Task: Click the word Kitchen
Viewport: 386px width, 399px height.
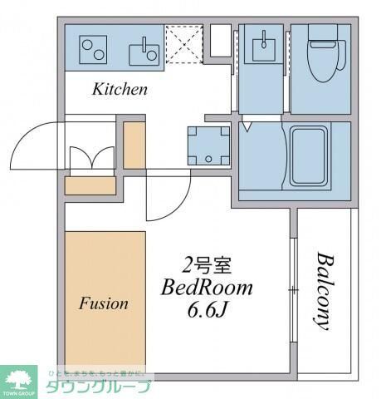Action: pos(120,89)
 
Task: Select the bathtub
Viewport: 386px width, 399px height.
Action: pos(315,158)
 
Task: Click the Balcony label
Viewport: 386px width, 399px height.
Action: pos(324,291)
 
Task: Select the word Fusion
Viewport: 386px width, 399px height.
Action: pos(104,303)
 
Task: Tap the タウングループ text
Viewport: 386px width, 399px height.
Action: pos(98,387)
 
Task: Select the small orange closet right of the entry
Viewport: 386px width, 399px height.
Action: pos(134,146)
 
